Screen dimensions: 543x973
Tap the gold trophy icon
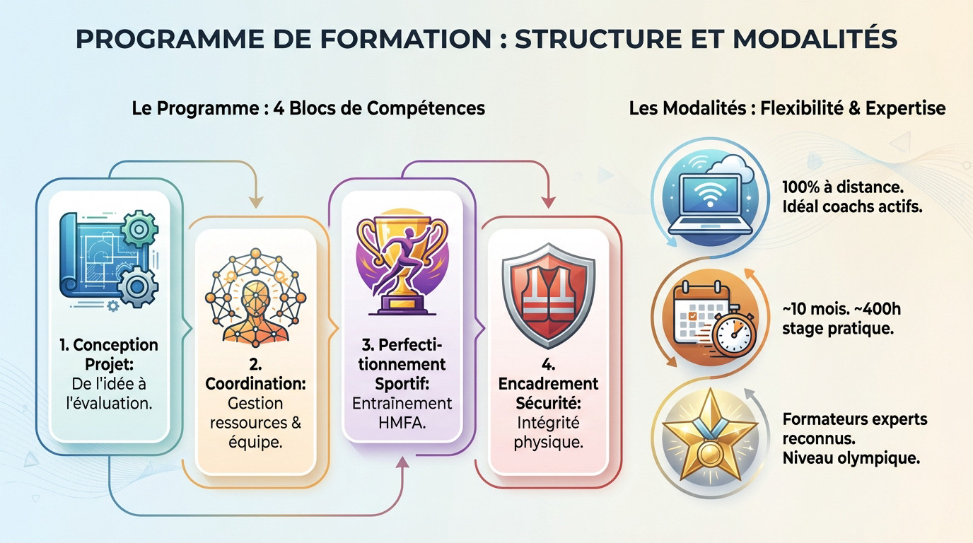tap(402, 265)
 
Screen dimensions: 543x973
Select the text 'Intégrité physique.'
tap(548, 433)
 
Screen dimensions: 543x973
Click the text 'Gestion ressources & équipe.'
tap(255, 423)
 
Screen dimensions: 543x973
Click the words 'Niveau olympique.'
tap(851, 457)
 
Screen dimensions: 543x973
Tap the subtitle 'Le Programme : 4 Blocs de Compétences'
tap(308, 108)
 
